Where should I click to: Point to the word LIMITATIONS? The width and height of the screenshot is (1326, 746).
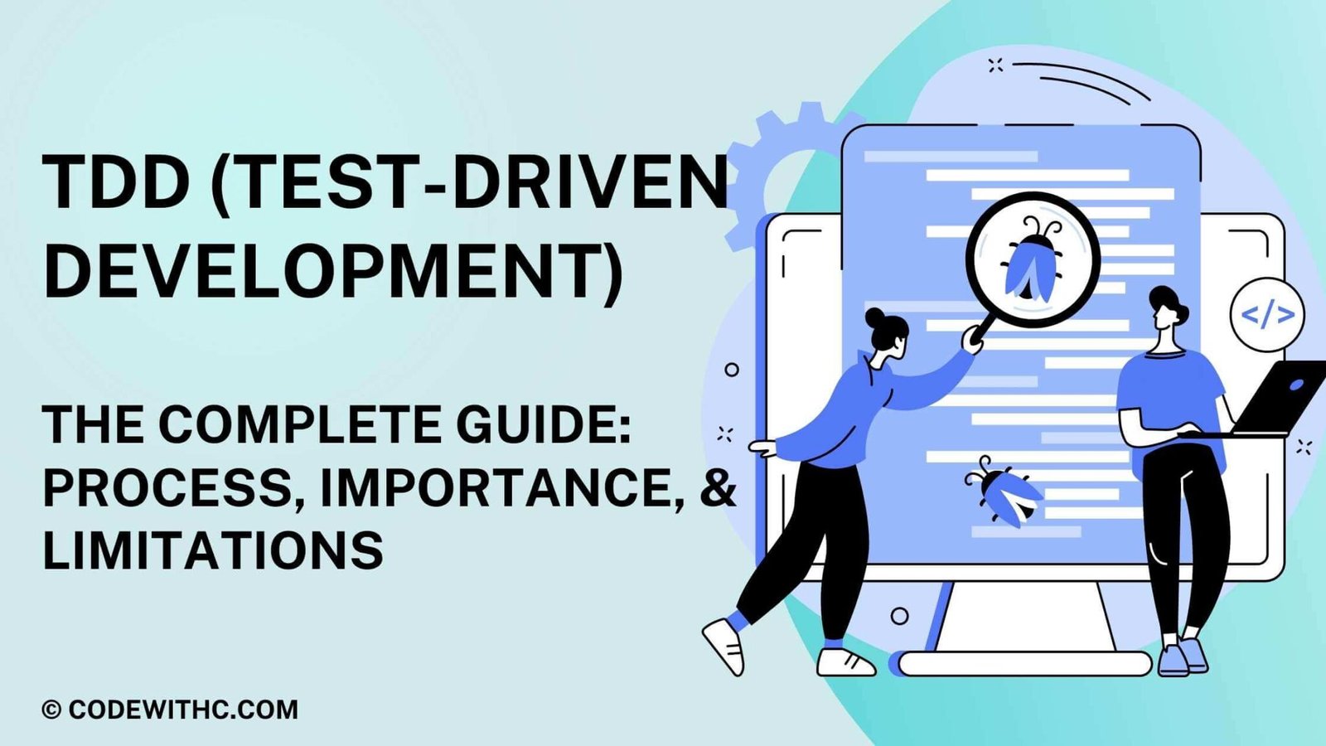[x=213, y=550]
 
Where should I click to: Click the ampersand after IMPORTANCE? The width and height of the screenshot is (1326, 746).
[x=718, y=488]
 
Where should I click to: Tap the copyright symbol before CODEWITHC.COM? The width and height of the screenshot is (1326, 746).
[x=51, y=710]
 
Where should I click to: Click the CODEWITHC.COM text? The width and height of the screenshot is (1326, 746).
[x=183, y=710]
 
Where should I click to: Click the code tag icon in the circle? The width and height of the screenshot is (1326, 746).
[x=1267, y=315]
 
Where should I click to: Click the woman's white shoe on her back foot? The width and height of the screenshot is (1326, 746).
[x=723, y=644]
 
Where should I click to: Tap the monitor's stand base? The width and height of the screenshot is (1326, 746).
[x=1024, y=663]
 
